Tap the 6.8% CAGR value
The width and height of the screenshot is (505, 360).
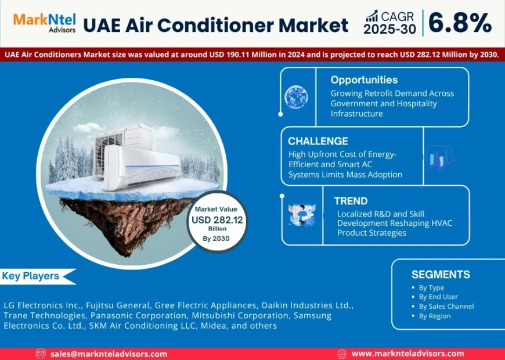pos(460,23)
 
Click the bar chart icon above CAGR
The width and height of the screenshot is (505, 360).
pos(372,16)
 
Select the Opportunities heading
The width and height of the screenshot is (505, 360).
pos(364,80)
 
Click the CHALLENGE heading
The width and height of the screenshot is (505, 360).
pos(318,141)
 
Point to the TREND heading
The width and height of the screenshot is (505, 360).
pos(351,201)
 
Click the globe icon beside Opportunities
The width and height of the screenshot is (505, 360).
pos(296,97)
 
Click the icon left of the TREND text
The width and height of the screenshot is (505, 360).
pos(302,214)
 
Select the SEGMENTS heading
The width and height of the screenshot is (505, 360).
pos(441,275)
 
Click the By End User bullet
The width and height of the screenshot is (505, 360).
pos(438,297)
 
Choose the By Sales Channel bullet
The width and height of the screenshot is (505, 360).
pos(446,306)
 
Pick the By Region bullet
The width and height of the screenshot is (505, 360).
pos(435,316)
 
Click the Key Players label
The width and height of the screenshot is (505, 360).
pos(31,276)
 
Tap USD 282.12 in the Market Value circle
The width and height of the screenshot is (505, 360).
pos(218,219)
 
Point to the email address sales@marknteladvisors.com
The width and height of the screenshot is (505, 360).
pos(109,354)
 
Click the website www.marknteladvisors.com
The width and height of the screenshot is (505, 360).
pos(407,354)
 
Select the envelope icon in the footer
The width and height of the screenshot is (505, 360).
pos(41,354)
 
